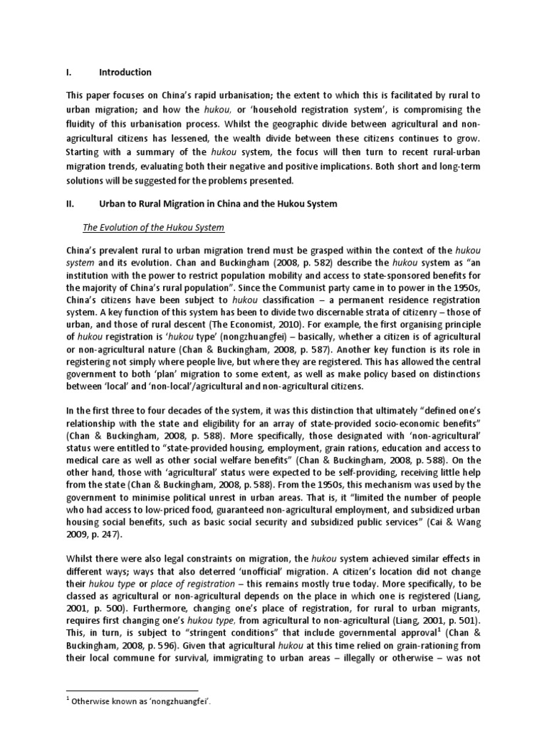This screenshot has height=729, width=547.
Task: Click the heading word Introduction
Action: [x=125, y=72]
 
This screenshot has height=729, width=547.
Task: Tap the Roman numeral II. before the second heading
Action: [x=70, y=204]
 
